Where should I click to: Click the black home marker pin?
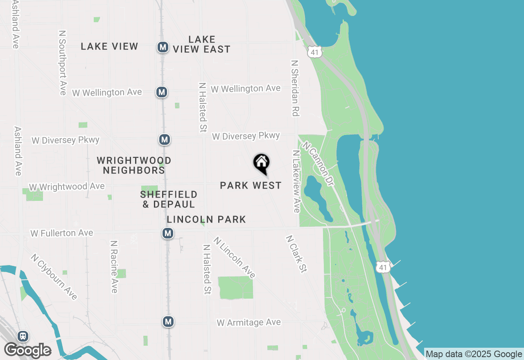coord(261,163)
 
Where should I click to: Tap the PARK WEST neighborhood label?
coord(251,185)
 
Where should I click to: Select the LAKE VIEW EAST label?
coord(201,44)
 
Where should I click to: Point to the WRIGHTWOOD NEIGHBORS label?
coord(134,165)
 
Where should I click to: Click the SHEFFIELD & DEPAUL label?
coord(169,199)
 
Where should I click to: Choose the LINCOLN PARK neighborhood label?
coord(206,219)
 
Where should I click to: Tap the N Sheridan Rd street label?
coord(294,88)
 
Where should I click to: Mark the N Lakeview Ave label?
coord(296,181)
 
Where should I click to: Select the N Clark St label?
coord(297,254)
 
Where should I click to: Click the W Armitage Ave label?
coord(249,322)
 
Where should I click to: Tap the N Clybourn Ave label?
coord(54,277)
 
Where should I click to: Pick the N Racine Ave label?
coord(114,266)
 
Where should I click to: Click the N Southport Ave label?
coord(62,63)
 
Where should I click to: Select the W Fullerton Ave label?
coord(62,233)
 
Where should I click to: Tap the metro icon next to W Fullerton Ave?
coord(167,234)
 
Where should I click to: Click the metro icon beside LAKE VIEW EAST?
coord(163,47)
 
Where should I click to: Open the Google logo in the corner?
coord(27,350)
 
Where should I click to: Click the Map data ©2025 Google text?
coord(474,354)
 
